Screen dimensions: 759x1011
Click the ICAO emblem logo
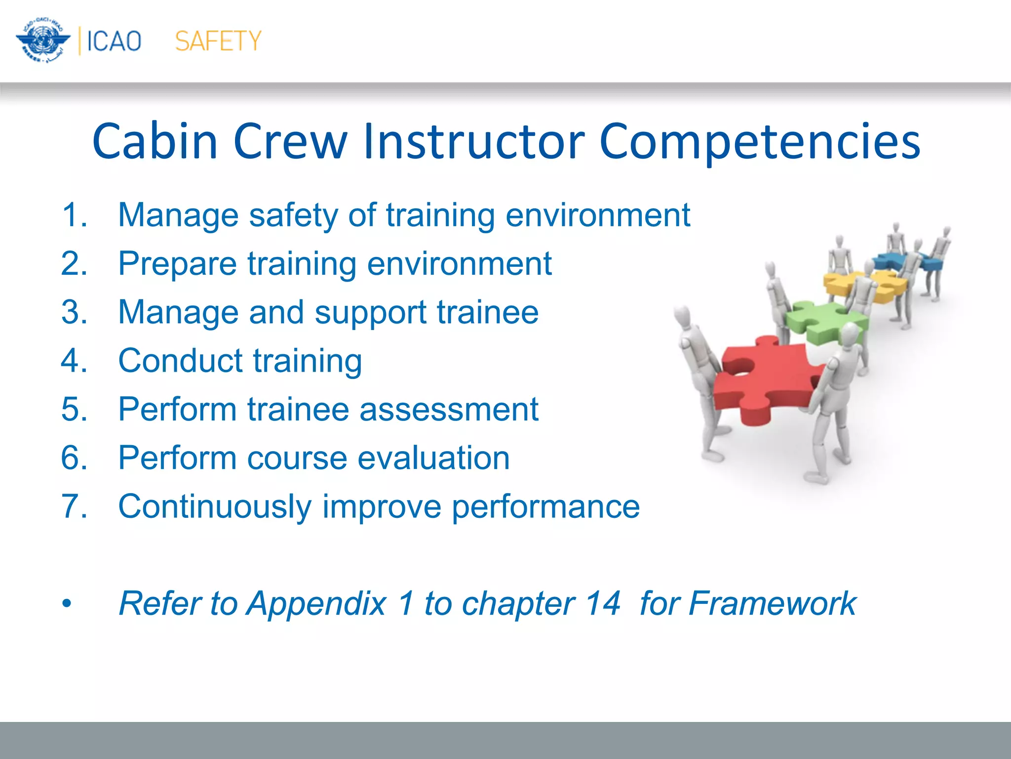(43, 41)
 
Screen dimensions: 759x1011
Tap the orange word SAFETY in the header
(218, 41)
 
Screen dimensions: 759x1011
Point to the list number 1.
(74, 215)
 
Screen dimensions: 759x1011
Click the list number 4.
(74, 360)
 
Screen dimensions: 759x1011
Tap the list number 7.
(74, 506)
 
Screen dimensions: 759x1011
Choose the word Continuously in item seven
(215, 507)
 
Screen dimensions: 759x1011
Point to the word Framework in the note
(772, 603)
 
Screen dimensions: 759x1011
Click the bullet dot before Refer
(67, 604)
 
